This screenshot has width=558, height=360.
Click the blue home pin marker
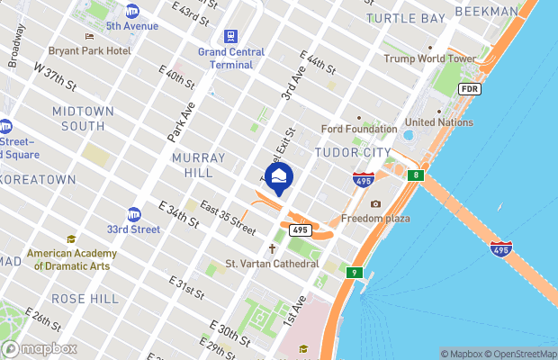(x=278, y=177)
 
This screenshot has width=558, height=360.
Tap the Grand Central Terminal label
(x=231, y=58)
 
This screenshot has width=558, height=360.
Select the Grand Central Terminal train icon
(x=231, y=37)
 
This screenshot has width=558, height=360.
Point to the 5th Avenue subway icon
(x=132, y=12)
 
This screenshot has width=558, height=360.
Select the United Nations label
(x=438, y=122)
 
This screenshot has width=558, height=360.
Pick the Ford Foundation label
(x=359, y=130)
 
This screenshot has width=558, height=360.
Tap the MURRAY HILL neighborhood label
(x=191, y=165)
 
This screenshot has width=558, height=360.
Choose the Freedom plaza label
(x=375, y=219)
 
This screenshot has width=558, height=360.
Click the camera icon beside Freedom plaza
(x=375, y=204)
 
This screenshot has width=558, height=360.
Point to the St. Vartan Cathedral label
(x=272, y=264)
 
